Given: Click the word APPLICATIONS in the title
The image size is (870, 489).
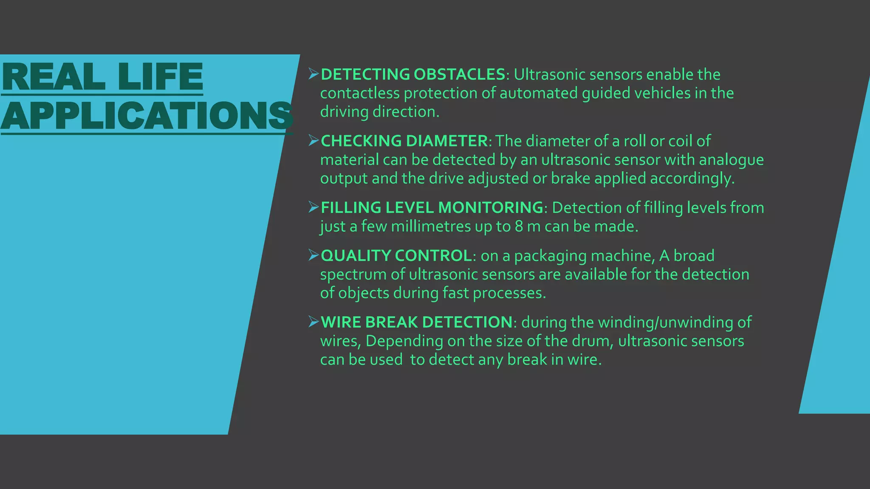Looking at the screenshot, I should (x=147, y=115).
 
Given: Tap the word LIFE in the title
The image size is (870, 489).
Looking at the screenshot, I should (x=160, y=77).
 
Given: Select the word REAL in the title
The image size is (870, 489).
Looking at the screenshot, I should (x=54, y=77).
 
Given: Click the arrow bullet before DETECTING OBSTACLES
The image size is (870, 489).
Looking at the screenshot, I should (x=314, y=74).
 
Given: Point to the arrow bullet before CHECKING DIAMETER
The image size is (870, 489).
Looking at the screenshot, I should (x=314, y=141).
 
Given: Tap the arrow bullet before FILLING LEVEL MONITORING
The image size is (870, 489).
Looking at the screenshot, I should (x=314, y=207).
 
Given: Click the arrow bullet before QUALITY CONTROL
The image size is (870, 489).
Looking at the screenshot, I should (x=314, y=255).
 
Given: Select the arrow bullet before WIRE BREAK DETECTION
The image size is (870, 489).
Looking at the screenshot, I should (x=314, y=322).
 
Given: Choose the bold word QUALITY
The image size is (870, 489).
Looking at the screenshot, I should (x=356, y=256).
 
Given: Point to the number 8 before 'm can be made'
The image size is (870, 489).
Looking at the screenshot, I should (x=519, y=226).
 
